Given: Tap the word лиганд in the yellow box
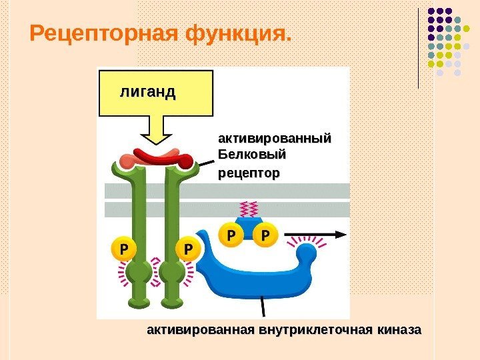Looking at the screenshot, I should tap(148, 92).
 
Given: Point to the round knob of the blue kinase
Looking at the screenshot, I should tap(307, 254).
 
